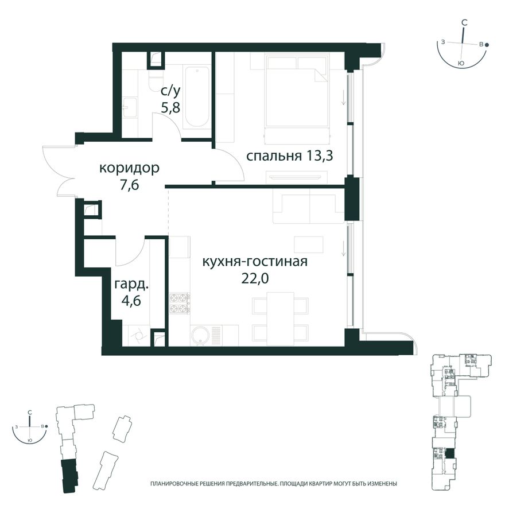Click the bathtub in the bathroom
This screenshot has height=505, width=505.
196,97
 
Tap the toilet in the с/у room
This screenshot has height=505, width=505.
155,80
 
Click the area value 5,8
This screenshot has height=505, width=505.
170,107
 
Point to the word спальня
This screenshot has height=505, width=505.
274,156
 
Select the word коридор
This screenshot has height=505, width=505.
129,169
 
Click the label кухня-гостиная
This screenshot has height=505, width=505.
255,262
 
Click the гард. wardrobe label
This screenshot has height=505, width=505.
131,285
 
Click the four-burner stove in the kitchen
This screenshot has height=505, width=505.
180,303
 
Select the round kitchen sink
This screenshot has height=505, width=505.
200,336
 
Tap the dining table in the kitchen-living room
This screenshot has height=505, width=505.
281,318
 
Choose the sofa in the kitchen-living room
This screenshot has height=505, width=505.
309,206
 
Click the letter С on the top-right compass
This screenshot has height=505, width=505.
464,22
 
